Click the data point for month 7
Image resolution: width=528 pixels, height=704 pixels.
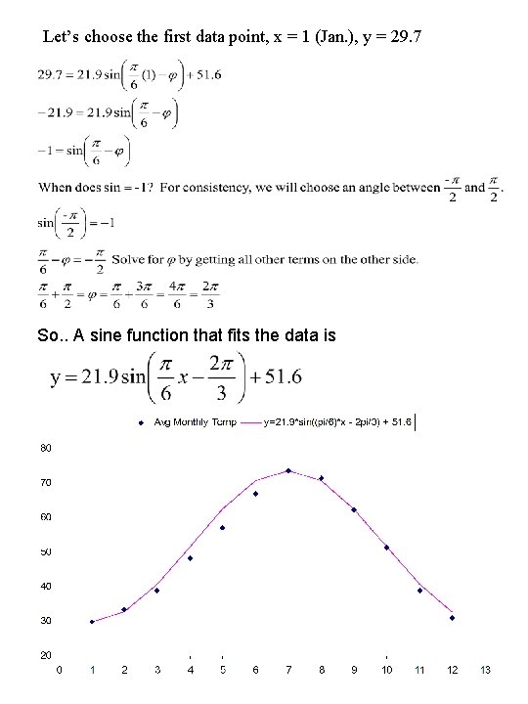click(288, 470)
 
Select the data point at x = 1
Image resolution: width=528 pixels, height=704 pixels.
click(92, 622)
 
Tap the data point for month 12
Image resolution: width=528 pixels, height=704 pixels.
click(452, 618)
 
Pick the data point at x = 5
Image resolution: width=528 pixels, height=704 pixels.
click(223, 528)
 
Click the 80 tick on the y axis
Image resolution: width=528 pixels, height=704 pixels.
click(46, 448)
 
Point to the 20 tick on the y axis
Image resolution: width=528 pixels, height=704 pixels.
click(46, 654)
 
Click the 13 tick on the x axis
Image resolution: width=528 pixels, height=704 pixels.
click(485, 670)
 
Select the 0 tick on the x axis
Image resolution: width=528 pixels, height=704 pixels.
click(60, 670)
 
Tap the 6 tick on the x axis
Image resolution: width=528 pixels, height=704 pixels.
click(255, 670)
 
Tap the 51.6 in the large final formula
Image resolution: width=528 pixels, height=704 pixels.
click(274, 376)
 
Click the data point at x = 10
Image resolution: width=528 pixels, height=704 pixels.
click(386, 548)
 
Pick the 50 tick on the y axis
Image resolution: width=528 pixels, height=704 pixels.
click(46, 551)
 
